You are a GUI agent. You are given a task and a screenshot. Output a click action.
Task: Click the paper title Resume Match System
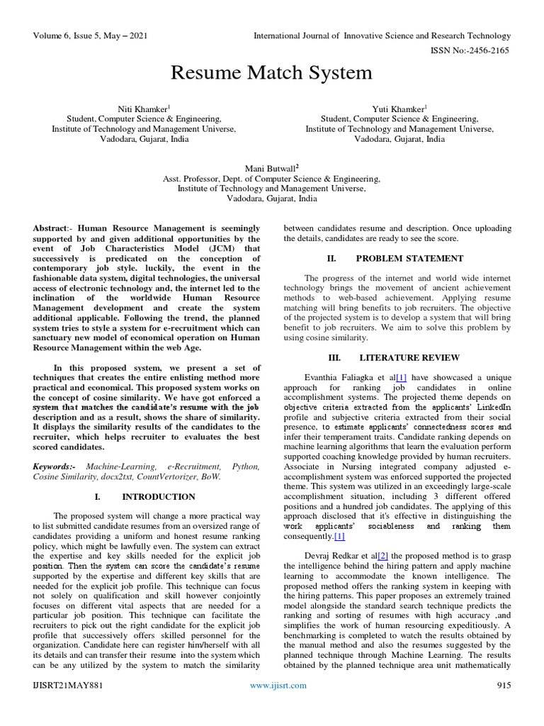pos(271,72)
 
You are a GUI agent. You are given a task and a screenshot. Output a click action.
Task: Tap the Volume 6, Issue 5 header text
pos(90,35)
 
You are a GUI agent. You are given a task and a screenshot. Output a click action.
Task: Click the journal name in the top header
pos(382,35)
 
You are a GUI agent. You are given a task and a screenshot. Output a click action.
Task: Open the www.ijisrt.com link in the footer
pos(279,705)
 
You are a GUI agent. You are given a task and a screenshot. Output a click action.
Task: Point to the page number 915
pos(503,705)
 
